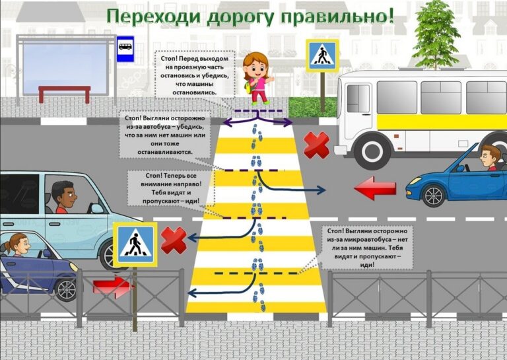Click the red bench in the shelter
point(64,93)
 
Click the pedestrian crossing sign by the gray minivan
point(135,244)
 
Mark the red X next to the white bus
point(316,145)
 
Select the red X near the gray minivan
point(174,240)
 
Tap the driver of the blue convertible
point(488,159)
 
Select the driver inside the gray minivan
point(64,197)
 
